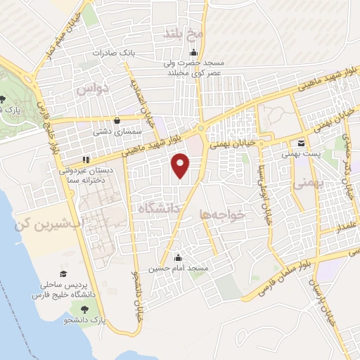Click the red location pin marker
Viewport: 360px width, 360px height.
pos(181,165)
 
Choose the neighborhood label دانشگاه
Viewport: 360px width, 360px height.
pos(161,208)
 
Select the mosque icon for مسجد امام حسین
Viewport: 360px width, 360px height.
pos(177,257)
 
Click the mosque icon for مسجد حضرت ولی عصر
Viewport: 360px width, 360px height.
pos(194,54)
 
